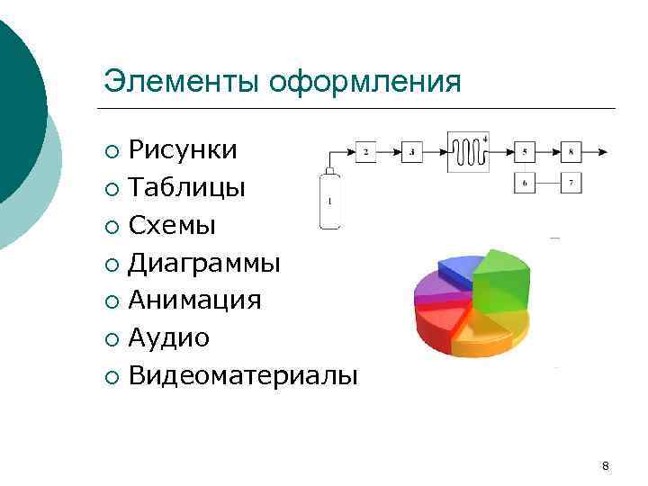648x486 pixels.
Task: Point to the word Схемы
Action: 172,224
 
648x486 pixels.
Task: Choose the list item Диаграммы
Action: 204,262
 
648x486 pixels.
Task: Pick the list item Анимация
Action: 194,300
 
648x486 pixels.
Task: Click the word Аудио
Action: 169,337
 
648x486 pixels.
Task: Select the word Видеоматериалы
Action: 243,375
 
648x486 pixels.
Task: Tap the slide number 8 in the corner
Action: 605,465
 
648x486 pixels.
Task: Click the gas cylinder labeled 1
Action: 329,201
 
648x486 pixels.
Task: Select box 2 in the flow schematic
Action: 366,152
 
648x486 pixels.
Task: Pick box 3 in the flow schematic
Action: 411,152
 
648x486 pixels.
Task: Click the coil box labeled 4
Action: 468,151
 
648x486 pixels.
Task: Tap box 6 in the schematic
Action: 526,183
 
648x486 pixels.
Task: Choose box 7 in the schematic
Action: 571,183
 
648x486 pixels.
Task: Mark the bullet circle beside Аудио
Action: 110,339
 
